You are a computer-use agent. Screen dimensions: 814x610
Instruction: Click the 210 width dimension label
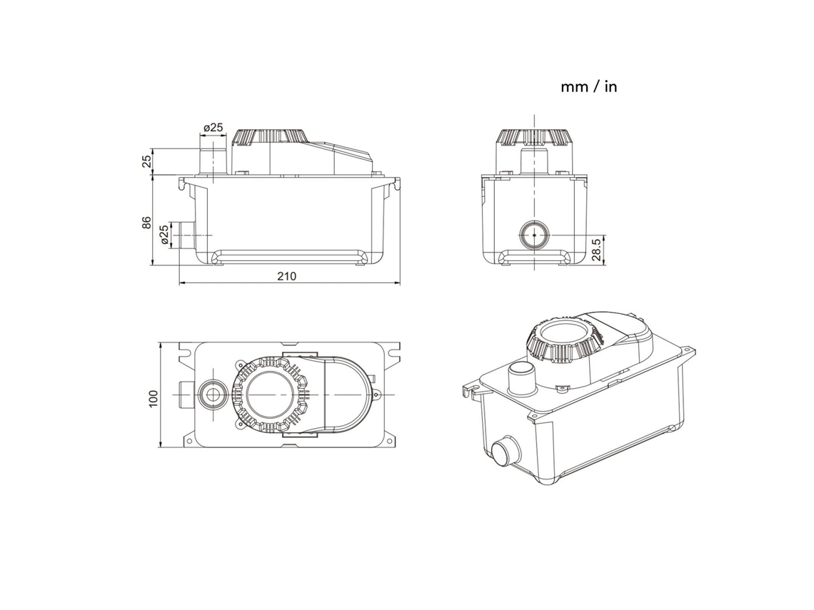[286, 276]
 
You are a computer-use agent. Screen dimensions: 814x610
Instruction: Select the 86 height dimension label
[147, 222]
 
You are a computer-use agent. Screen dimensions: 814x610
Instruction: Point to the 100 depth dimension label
[153, 398]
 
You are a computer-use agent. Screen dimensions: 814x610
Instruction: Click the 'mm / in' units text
[588, 86]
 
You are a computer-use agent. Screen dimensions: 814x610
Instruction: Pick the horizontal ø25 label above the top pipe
[213, 127]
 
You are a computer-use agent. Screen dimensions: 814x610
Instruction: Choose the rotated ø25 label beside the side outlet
[164, 235]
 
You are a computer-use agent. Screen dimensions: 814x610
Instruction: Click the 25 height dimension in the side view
[147, 161]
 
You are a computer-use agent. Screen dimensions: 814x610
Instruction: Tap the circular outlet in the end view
[534, 235]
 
